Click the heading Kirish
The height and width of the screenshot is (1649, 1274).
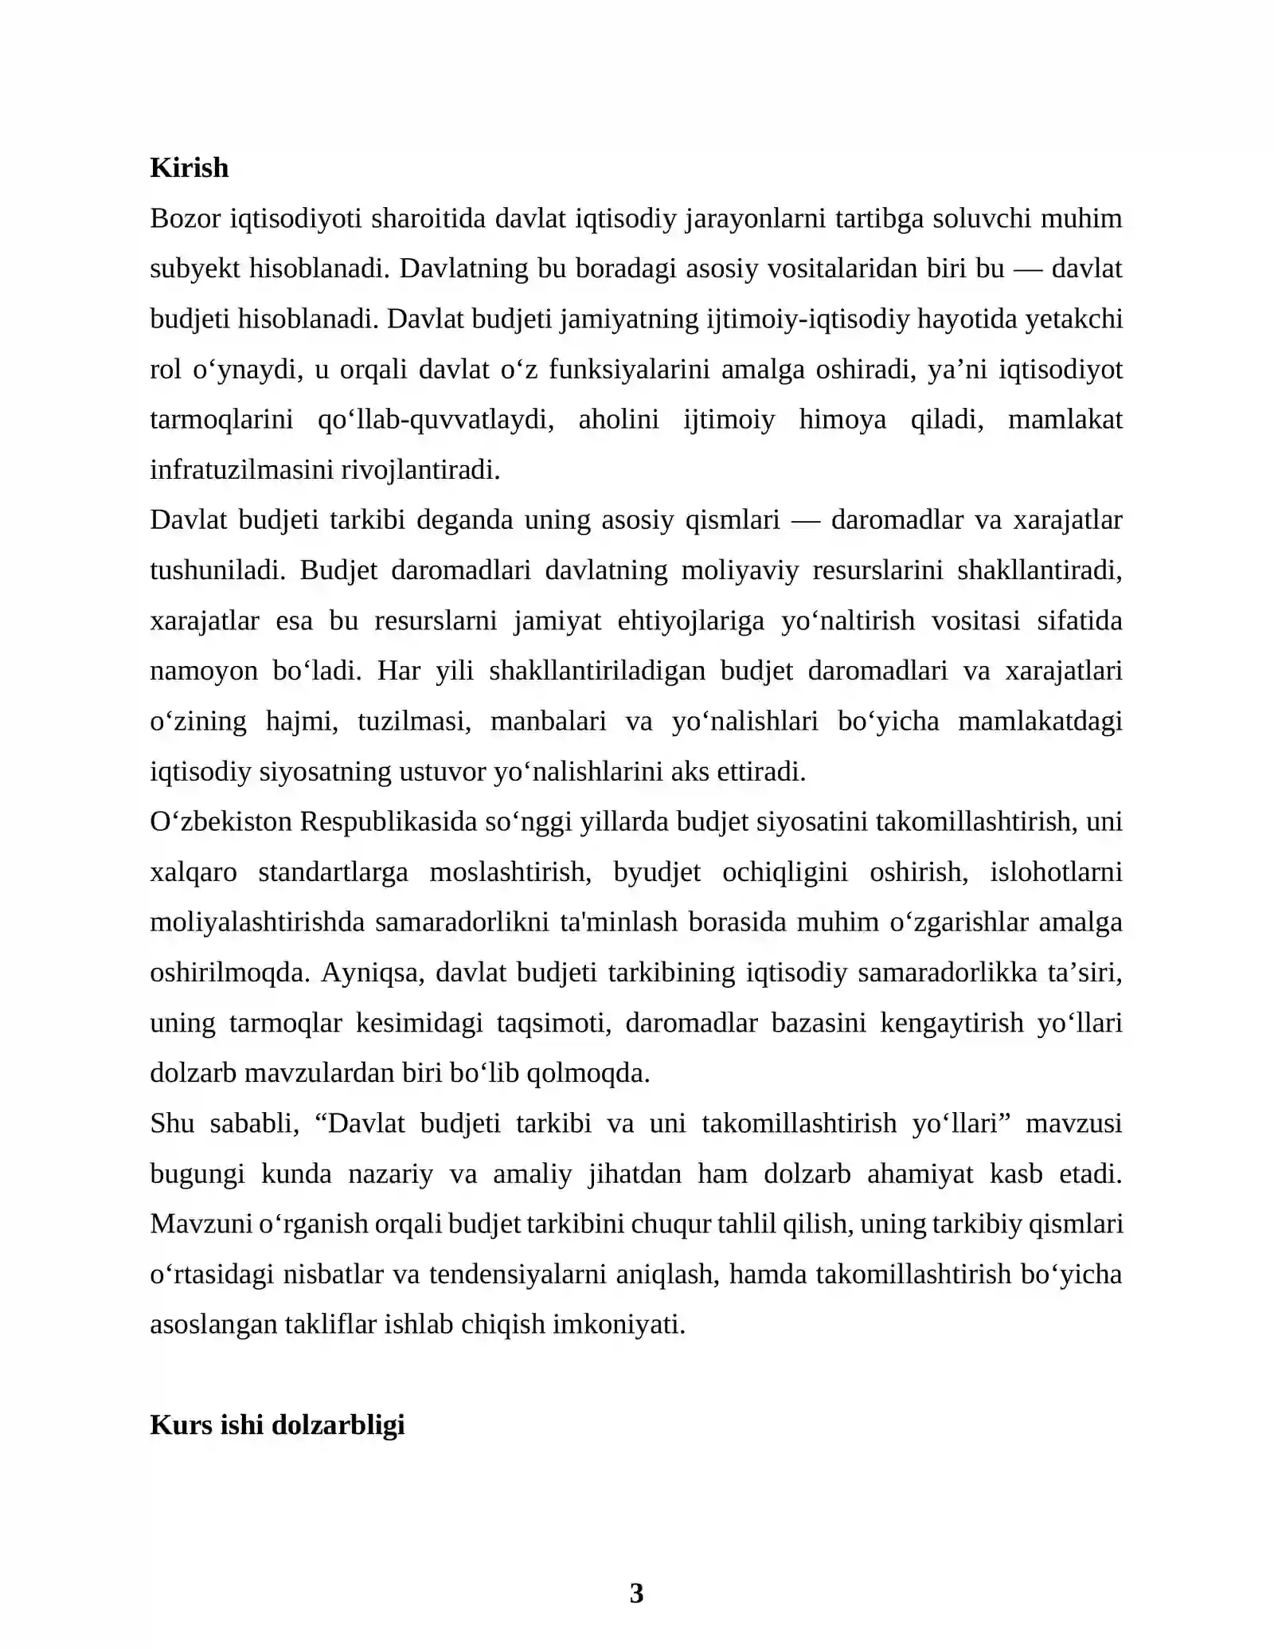[189, 168]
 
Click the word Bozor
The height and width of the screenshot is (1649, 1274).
[185, 218]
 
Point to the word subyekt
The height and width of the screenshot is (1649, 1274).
[194, 268]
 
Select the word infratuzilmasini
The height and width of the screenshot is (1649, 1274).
[242, 470]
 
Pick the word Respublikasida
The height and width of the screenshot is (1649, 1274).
[388, 821]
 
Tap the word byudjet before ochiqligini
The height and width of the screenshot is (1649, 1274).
[657, 872]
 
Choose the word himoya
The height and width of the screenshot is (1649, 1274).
[842, 420]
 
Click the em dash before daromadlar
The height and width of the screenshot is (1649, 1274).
[805, 520]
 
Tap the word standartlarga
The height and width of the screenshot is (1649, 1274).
[333, 872]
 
